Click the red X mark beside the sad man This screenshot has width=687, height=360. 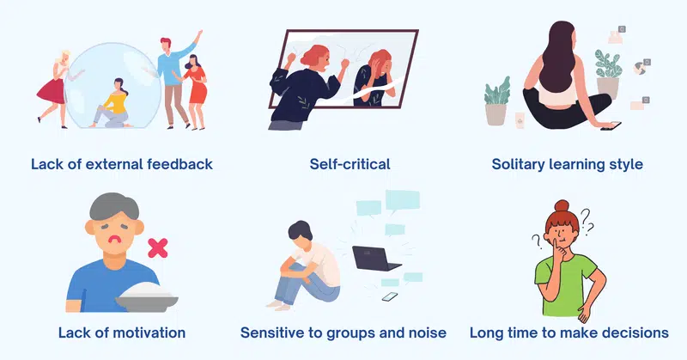coord(158,247)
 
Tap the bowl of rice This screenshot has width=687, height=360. coord(147,297)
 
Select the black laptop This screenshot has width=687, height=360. coord(375,259)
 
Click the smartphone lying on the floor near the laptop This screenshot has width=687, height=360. coord(390,297)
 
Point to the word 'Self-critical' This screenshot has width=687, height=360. coord(350,164)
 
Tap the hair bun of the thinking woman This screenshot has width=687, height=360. coord(562,205)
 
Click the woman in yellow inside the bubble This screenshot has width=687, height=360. coord(112,104)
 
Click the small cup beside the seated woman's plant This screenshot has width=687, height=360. coord(520,120)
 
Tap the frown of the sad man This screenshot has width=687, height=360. coord(114,240)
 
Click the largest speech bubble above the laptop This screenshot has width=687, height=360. coord(403,200)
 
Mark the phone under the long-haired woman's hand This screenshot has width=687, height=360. coord(611,126)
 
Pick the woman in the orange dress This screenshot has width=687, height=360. coord(194,92)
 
